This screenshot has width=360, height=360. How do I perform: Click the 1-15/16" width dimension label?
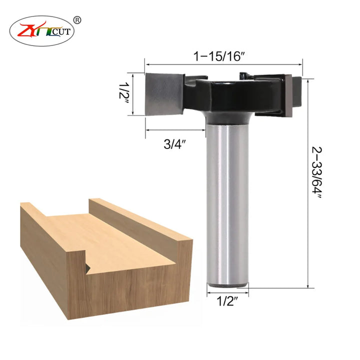click(x=219, y=56)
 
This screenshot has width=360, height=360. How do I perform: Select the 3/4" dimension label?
click(x=174, y=144)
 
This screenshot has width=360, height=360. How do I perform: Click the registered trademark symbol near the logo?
click(x=77, y=20)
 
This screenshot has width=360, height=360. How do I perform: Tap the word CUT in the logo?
click(x=61, y=31)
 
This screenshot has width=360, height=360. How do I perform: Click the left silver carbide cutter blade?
click(x=164, y=94)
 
